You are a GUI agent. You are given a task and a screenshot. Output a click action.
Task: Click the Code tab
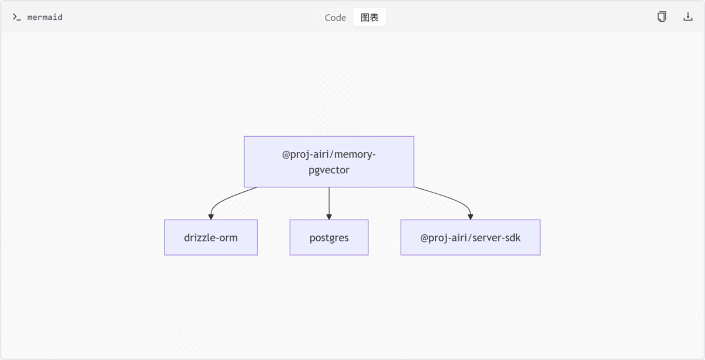(x=335, y=17)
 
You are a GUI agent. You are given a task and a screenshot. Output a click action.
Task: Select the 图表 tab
(x=370, y=17)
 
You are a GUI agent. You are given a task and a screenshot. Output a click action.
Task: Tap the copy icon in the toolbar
(x=662, y=16)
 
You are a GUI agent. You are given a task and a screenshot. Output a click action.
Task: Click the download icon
(x=688, y=16)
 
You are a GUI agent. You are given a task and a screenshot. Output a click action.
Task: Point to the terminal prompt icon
(x=16, y=17)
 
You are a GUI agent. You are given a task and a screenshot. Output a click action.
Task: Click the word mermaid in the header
(x=45, y=17)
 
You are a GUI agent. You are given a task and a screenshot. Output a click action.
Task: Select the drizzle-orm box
(x=211, y=237)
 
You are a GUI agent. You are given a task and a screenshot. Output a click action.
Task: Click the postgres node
(x=329, y=237)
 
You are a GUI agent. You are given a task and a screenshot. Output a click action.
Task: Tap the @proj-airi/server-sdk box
(x=471, y=237)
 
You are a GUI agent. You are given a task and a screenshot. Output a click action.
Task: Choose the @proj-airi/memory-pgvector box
(x=329, y=162)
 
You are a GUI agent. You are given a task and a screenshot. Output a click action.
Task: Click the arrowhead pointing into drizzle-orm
(x=211, y=217)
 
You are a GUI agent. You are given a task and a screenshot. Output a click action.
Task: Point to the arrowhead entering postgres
(x=329, y=217)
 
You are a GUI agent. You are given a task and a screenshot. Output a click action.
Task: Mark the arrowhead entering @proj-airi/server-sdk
(x=471, y=217)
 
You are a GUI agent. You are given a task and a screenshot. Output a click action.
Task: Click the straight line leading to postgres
(x=329, y=201)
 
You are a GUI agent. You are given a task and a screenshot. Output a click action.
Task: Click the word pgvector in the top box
(x=329, y=170)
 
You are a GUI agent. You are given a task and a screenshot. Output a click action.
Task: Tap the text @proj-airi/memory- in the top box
(x=329, y=154)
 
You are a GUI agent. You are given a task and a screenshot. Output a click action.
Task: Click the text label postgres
(x=329, y=238)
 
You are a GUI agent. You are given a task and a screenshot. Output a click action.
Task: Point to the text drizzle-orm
(x=211, y=238)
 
